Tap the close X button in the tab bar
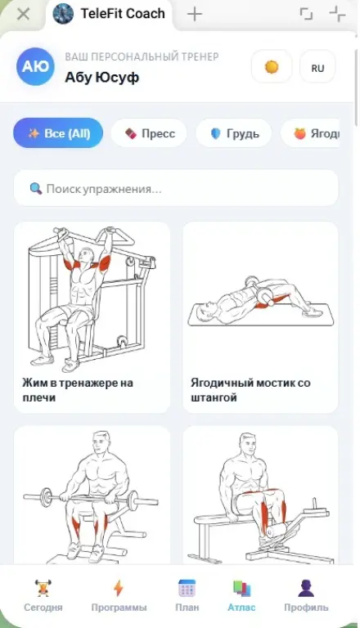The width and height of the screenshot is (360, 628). point(24,14)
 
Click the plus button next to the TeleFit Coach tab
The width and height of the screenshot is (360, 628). point(195,14)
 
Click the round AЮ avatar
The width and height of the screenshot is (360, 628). point(35,66)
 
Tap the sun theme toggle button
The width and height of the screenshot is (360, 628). point(272,66)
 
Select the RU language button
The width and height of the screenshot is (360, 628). point(317,67)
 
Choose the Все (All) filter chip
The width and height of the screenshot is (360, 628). point(58,133)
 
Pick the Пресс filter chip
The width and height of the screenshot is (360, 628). point(149,133)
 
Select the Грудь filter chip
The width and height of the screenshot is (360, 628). point(234,133)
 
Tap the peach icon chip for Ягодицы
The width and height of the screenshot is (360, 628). point(310,133)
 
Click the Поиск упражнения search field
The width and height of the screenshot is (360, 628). point(176,188)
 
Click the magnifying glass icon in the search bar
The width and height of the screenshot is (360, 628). point(36,188)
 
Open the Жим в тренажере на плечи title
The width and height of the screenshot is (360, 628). point(78,390)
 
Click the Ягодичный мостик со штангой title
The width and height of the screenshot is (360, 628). point(250,390)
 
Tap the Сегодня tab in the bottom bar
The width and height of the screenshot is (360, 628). point(43,595)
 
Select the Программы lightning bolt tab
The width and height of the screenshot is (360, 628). point(119,595)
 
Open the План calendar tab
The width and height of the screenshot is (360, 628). point(187,595)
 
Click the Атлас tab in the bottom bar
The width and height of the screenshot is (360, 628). point(241,595)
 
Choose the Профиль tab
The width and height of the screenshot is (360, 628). point(306,595)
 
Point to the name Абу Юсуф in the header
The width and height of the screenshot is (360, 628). point(101,77)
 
